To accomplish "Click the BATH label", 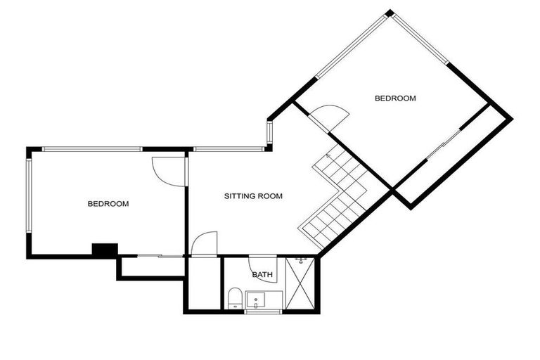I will [x=263, y=275].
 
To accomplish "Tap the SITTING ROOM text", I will [x=253, y=196].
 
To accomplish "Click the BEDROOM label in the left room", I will [x=108, y=204].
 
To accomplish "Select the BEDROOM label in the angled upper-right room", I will [x=395, y=98].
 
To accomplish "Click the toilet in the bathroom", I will [x=236, y=298].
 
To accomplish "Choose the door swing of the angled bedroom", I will [x=330, y=116].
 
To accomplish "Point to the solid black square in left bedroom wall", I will [x=105, y=250].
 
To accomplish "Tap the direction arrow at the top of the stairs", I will [x=328, y=155].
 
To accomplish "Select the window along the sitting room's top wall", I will [x=229, y=149].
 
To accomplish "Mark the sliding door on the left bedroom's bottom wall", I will [x=150, y=256].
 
